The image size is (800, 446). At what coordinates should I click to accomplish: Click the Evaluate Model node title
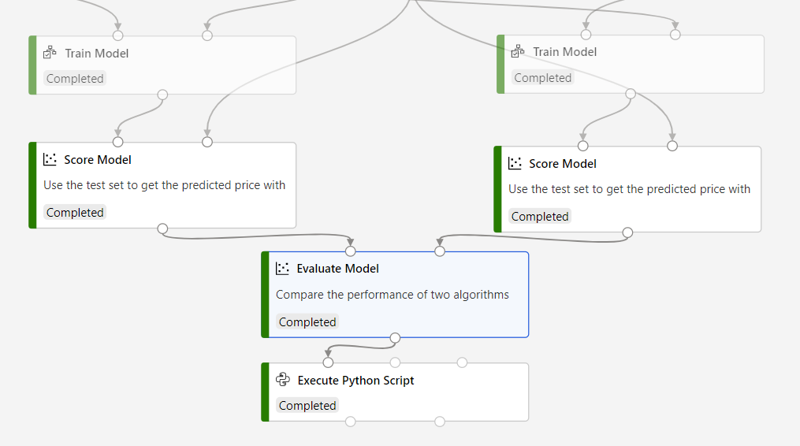point(337,269)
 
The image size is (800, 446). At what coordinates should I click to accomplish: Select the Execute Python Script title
point(355,381)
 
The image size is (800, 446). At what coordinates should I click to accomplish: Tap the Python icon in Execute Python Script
point(283,380)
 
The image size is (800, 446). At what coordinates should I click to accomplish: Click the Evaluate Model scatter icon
point(283,269)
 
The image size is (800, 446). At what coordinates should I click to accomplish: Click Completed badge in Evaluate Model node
point(307,321)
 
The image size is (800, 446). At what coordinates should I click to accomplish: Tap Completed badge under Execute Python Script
point(307,406)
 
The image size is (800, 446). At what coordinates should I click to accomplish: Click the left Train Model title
point(96,54)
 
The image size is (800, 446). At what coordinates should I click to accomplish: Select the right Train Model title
point(564,52)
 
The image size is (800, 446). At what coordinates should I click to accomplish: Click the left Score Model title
point(98,160)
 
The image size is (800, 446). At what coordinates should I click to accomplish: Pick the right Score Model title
point(563,164)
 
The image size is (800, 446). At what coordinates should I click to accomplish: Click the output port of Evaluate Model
point(395,338)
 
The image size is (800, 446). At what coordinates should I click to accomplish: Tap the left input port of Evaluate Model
point(351,251)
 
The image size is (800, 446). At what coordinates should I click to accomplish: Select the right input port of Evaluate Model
point(440,251)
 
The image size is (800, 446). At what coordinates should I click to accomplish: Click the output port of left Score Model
point(162,229)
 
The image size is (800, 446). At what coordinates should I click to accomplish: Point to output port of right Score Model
point(627,232)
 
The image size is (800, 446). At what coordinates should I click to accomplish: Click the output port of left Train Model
point(162,95)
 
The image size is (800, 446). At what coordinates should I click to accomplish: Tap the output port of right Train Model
point(631,94)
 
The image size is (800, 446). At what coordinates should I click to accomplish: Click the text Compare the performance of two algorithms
point(392,295)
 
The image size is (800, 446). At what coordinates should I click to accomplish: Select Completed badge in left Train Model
point(75,79)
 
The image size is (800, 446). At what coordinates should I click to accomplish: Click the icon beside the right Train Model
point(518,52)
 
